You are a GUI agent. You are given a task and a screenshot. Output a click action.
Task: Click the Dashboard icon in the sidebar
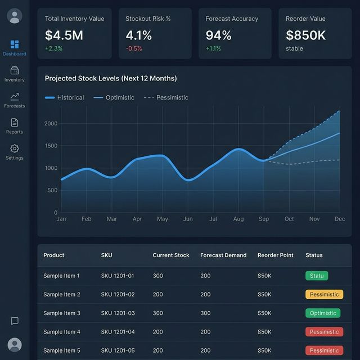[15, 44]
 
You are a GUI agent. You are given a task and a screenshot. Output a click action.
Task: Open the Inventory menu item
[15, 71]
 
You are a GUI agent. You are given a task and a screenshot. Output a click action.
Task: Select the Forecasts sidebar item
[15, 97]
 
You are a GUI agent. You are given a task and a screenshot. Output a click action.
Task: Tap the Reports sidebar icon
[15, 123]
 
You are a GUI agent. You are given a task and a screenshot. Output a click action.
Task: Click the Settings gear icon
[15, 148]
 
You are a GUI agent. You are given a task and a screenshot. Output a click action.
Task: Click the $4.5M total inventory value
[64, 35]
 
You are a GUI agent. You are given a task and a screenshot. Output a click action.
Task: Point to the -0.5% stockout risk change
[134, 48]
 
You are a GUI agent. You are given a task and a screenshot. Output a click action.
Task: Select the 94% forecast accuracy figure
[218, 35]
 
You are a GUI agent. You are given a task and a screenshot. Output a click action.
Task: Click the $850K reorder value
[305, 35]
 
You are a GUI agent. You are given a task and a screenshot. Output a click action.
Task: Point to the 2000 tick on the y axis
[51, 124]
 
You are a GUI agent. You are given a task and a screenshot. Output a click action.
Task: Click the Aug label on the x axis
[238, 219]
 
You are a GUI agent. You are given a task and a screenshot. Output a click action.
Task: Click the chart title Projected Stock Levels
[110, 78]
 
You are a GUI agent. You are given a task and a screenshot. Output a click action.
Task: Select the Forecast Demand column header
[223, 255]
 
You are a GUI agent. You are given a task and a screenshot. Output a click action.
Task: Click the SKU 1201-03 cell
[118, 313]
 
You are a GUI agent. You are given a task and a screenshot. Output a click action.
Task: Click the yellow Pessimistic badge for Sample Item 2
[324, 294]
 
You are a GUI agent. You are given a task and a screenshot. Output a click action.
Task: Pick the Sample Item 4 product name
[62, 332]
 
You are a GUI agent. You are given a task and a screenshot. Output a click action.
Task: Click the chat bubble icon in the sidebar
[15, 321]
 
